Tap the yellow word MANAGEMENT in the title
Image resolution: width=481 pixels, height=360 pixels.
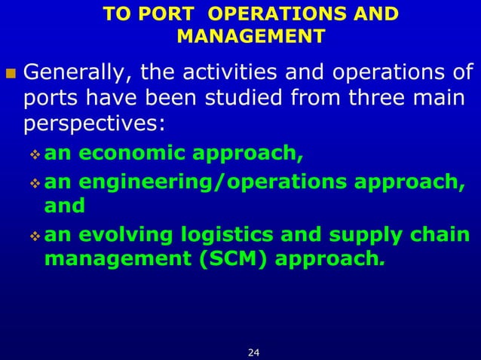pyautogui.click(x=251, y=37)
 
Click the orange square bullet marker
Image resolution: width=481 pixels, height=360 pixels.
pyautogui.click(x=11, y=75)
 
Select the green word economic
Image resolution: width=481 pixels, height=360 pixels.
pyautogui.click(x=130, y=155)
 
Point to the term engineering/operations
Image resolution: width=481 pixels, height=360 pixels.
pyautogui.click(x=211, y=182)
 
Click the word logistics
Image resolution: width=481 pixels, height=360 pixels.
pyautogui.click(x=222, y=234)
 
